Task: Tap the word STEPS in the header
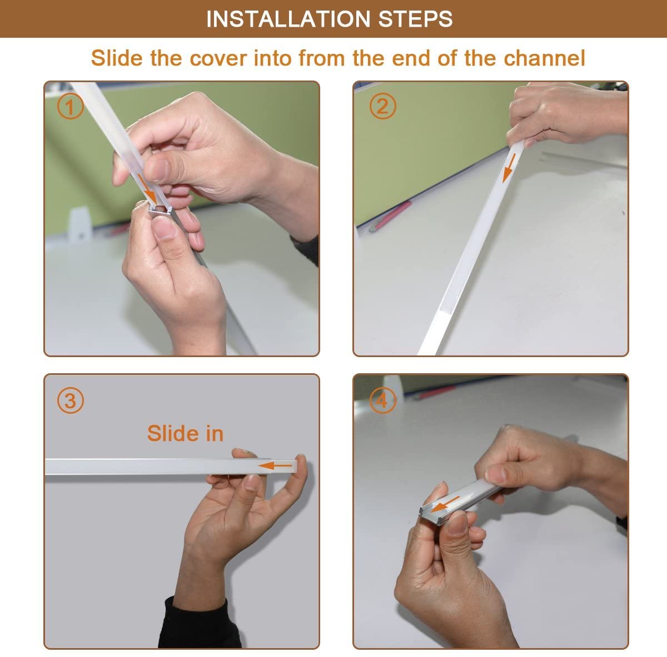click(415, 19)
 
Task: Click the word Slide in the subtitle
click(117, 58)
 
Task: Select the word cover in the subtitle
click(218, 58)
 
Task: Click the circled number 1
click(70, 107)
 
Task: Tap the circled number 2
click(382, 106)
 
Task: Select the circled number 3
click(70, 400)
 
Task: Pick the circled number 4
click(382, 400)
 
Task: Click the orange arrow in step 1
click(148, 189)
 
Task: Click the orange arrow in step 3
click(275, 466)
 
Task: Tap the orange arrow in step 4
click(445, 504)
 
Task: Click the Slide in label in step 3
click(185, 434)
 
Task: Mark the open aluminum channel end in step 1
click(160, 210)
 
